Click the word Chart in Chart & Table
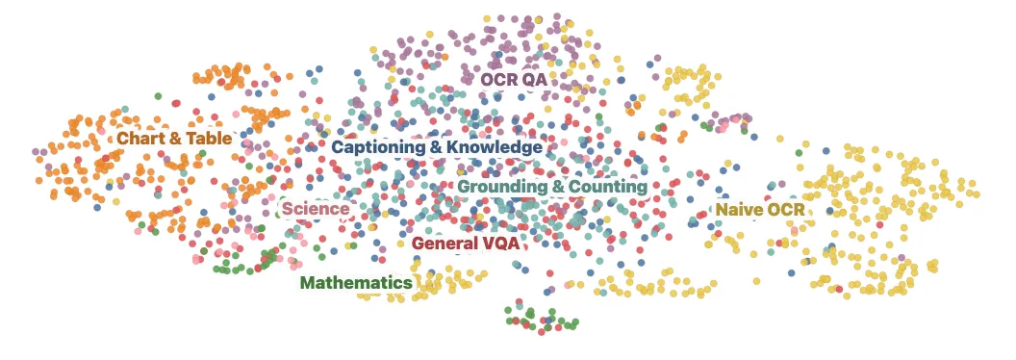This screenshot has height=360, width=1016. coord(138,139)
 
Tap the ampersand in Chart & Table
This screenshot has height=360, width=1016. coord(174,139)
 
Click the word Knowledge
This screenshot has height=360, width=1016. coord(496,147)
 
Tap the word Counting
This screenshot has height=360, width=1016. coord(610,186)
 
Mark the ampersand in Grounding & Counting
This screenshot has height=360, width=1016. coord(555,186)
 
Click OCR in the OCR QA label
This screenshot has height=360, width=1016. coord(499,79)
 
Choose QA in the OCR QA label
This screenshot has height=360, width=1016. coord(535,79)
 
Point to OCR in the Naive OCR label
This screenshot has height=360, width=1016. coord(785,210)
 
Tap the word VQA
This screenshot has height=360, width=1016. coord(501,244)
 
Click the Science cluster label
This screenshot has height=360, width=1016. coord(315,208)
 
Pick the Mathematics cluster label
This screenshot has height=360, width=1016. coord(356,283)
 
